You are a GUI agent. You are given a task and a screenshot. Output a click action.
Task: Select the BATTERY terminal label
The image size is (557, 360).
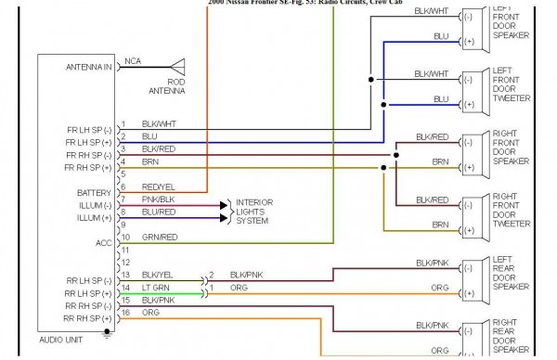(x=95, y=192)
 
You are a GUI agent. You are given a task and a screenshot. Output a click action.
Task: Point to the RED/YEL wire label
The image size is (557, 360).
(x=159, y=186)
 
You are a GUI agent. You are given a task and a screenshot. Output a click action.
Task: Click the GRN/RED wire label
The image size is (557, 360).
(x=159, y=237)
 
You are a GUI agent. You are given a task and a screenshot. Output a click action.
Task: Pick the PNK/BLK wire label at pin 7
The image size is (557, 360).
(x=158, y=199)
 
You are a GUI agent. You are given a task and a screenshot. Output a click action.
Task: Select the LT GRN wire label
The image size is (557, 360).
(x=155, y=288)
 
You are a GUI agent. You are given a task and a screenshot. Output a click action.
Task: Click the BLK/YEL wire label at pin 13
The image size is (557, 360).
(x=158, y=275)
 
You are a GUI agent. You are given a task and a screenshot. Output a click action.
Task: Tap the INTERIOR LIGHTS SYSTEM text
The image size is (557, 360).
(x=254, y=211)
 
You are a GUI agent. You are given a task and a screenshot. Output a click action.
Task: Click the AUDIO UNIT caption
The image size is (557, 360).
(x=62, y=341)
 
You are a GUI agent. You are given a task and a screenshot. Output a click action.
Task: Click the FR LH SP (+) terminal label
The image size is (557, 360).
(x=88, y=142)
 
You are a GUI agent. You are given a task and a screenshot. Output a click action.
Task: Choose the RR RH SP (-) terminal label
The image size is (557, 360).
(x=88, y=305)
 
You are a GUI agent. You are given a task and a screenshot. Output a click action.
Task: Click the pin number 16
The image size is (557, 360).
(x=123, y=313)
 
